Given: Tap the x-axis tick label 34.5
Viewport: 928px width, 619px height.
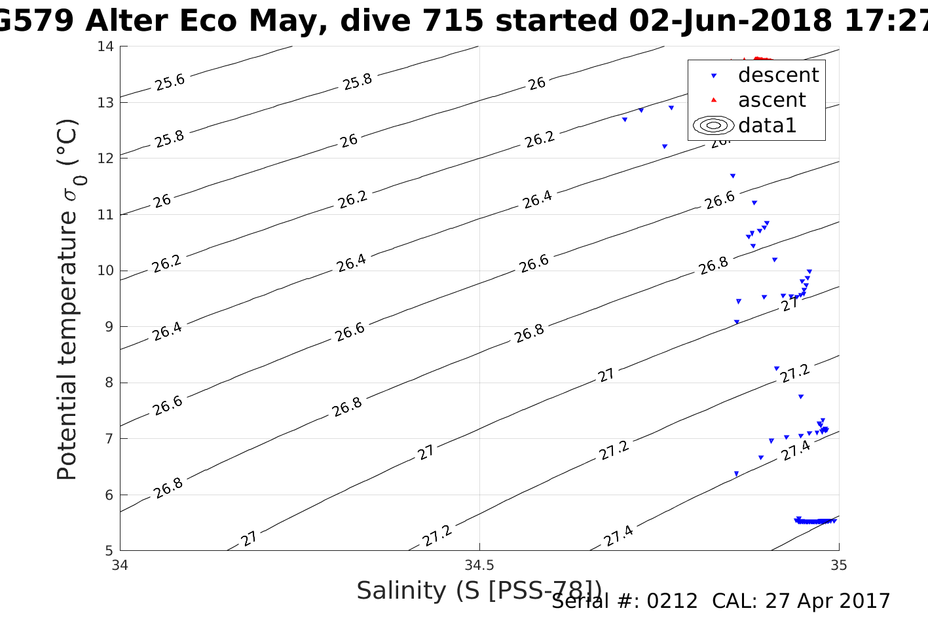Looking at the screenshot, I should (479, 565).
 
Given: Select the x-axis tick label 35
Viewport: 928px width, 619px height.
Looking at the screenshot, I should (838, 565).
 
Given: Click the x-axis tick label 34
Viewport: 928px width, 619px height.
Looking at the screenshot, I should (121, 565).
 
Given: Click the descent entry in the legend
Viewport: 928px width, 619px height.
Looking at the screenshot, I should (778, 75).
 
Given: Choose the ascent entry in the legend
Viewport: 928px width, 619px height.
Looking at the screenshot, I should (771, 100).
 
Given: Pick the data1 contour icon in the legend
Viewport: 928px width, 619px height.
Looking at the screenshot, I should (714, 125).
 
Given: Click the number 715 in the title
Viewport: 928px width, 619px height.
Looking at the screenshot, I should (453, 21).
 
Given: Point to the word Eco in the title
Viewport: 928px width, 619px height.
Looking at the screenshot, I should (207, 21).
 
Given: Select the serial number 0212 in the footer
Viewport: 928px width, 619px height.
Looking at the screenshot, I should (673, 601).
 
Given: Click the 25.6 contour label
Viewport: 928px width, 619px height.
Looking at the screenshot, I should (170, 82).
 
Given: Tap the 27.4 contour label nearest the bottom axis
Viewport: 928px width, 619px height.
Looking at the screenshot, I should (618, 536).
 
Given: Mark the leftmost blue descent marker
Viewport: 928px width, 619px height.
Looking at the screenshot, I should (625, 120).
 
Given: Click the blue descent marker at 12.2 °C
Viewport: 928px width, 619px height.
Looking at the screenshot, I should (665, 147).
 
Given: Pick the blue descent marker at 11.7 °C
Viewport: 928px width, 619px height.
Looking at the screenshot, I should (733, 176).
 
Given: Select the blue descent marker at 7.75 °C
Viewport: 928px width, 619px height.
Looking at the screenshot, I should (801, 397).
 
